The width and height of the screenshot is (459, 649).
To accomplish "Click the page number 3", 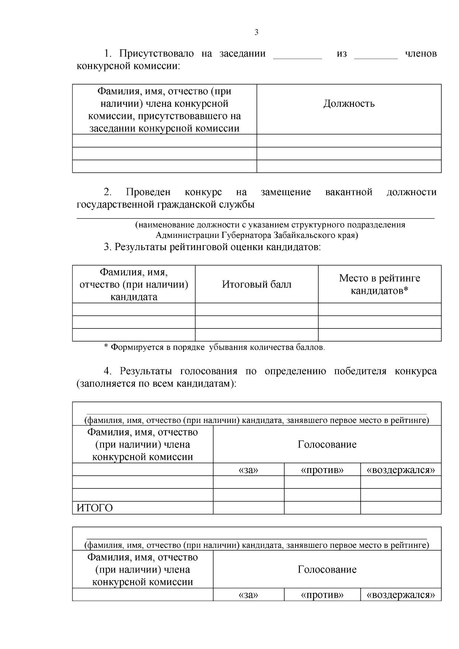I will click(256, 33).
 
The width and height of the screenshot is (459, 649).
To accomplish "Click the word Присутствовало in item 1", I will click(156, 54).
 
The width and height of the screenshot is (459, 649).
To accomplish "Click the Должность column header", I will click(349, 104).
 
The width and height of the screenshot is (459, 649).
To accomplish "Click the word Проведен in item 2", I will click(148, 192).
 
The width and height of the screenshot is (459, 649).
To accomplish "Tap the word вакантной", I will click(348, 192).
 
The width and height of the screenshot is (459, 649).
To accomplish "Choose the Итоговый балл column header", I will click(257, 285).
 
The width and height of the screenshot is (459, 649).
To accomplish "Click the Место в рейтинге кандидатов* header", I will click(379, 285).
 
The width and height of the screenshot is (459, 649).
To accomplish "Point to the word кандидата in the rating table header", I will click(133, 297).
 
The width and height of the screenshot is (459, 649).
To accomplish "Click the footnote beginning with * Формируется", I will click(215, 347).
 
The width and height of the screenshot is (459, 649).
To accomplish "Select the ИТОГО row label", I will click(95, 508).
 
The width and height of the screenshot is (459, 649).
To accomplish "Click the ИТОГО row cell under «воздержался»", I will click(400, 507).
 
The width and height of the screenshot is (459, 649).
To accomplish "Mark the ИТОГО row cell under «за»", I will click(248, 507).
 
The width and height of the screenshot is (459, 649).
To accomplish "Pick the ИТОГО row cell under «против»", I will click(322, 507).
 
